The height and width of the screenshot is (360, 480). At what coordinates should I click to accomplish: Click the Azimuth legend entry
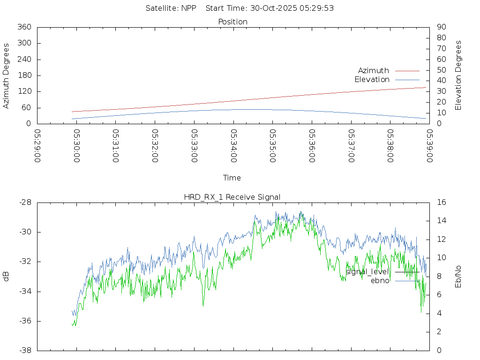pos(374,71)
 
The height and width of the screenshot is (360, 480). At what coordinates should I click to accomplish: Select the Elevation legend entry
pos(372,80)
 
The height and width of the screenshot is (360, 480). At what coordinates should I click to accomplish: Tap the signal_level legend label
pos(367,272)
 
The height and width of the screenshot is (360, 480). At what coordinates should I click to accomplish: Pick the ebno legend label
pos(380,281)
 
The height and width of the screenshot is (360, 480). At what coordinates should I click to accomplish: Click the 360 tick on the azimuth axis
pos(23,27)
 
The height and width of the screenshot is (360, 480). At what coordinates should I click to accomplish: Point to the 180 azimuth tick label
pos(23,75)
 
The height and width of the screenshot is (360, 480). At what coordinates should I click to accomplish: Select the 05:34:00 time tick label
pos(233,146)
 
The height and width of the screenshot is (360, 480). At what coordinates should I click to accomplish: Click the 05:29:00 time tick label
pos(38,146)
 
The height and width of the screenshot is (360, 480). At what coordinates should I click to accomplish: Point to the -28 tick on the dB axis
pos(25,202)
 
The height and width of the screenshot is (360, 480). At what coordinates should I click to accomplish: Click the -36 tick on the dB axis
pos(25,321)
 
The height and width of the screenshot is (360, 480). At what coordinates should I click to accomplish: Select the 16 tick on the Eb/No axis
pos(441,202)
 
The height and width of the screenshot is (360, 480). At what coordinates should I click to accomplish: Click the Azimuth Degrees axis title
pos(6,75)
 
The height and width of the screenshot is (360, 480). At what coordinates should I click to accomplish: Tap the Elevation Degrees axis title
pos(458,75)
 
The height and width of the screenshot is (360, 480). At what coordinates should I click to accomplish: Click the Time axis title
pos(232,178)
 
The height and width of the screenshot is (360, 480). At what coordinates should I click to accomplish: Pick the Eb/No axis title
pos(458,277)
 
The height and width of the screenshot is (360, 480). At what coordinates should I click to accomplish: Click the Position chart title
pos(233,22)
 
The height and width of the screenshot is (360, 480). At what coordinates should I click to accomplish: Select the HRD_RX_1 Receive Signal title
pos(232,197)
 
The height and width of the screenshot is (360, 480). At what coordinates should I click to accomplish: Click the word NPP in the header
pos(188,8)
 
